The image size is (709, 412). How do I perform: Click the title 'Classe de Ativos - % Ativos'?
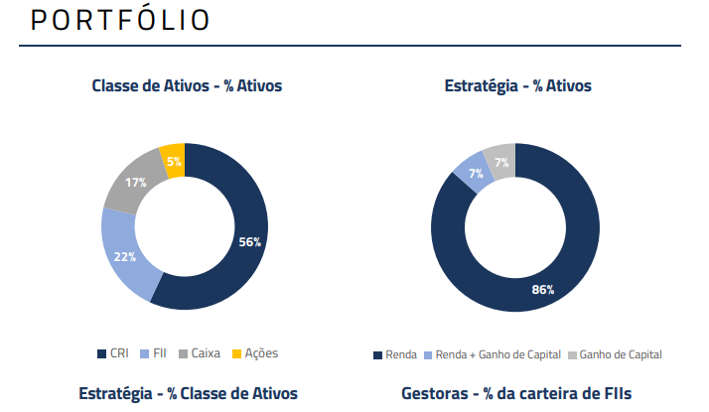click(x=187, y=86)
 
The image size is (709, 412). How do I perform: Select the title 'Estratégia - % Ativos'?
click(x=517, y=86)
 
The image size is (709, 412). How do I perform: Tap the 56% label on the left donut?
click(x=249, y=241)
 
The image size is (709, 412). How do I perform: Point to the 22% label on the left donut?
click(x=124, y=256)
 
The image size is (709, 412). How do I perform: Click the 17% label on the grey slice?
click(x=136, y=183)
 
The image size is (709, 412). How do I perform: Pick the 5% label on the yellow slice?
click(x=174, y=161)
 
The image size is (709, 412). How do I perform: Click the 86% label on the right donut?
click(x=542, y=290)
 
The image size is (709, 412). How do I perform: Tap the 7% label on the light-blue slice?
click(x=476, y=173)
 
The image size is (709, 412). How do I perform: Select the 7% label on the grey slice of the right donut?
click(x=501, y=162)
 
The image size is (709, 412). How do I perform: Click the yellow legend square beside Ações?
click(x=236, y=353)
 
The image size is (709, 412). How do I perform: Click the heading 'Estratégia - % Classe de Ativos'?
click(x=188, y=394)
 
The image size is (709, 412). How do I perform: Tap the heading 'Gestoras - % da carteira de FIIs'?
click(x=516, y=394)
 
